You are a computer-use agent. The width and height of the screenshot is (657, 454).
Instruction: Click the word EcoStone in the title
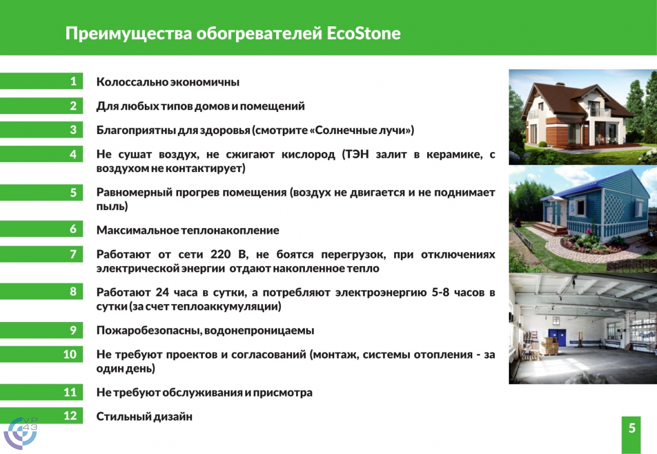363,33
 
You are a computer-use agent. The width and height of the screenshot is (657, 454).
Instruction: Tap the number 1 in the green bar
73,81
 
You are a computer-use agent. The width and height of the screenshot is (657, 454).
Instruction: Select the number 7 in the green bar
73,254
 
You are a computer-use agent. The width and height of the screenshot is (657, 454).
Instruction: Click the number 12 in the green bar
70,415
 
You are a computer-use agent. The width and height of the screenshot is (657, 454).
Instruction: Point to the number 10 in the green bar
70,354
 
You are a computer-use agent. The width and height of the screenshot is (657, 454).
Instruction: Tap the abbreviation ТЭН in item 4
356,154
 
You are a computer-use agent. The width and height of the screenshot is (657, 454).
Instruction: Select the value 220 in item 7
221,254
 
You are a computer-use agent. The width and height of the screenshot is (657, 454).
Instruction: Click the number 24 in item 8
163,292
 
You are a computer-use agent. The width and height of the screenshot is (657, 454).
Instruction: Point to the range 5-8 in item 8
440,292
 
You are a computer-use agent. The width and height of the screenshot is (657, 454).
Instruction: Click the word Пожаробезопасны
149,330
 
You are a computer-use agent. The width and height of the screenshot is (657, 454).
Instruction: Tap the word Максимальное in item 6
138,231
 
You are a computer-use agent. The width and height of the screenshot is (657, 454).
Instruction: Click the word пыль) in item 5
112,206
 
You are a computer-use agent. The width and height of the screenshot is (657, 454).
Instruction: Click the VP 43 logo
21,433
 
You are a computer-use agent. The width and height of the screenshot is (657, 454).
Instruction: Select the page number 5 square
632,434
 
